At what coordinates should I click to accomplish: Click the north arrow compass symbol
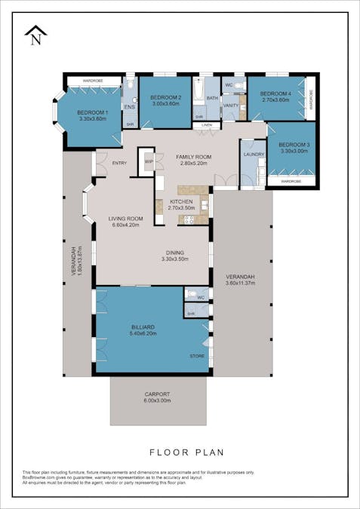(x=35, y=35)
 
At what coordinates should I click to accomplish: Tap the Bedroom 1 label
(x=93, y=112)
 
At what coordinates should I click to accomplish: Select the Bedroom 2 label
(x=165, y=98)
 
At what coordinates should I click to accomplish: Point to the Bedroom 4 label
(x=275, y=94)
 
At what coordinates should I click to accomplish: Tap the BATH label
(x=212, y=98)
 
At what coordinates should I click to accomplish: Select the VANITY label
(x=230, y=106)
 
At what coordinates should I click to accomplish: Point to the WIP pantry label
(x=149, y=161)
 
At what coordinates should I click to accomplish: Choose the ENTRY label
(x=119, y=162)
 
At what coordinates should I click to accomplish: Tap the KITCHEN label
(x=180, y=201)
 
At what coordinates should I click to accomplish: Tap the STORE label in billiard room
(x=196, y=356)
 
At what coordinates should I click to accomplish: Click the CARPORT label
(x=157, y=394)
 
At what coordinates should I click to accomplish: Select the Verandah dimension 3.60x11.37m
(x=242, y=284)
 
